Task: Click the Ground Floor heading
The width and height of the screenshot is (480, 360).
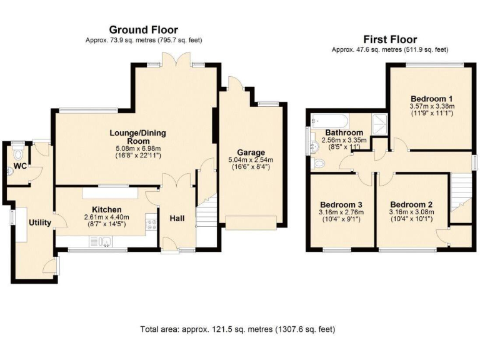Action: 143,29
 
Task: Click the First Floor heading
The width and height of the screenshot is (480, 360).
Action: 392,39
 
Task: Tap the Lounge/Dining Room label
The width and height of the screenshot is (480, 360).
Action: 138,137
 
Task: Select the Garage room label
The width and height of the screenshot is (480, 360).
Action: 251,152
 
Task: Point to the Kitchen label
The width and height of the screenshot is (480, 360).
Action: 106,209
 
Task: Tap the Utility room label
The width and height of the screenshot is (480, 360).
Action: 39,222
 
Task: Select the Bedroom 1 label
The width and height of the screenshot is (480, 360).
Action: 431,99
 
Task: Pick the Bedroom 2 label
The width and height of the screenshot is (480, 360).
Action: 411,204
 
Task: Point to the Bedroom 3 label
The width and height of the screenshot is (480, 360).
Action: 341,204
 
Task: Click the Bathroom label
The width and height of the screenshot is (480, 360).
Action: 344,133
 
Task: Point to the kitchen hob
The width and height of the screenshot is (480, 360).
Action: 151,224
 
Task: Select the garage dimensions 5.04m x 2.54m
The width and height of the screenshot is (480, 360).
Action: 251,160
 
